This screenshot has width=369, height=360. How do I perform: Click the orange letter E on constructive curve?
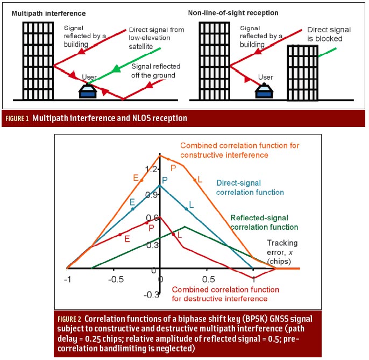[136, 178]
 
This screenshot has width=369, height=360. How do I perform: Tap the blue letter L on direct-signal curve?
[191, 206]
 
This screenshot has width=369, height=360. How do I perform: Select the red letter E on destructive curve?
[127, 237]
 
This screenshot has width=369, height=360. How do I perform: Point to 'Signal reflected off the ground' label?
[156, 71]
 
